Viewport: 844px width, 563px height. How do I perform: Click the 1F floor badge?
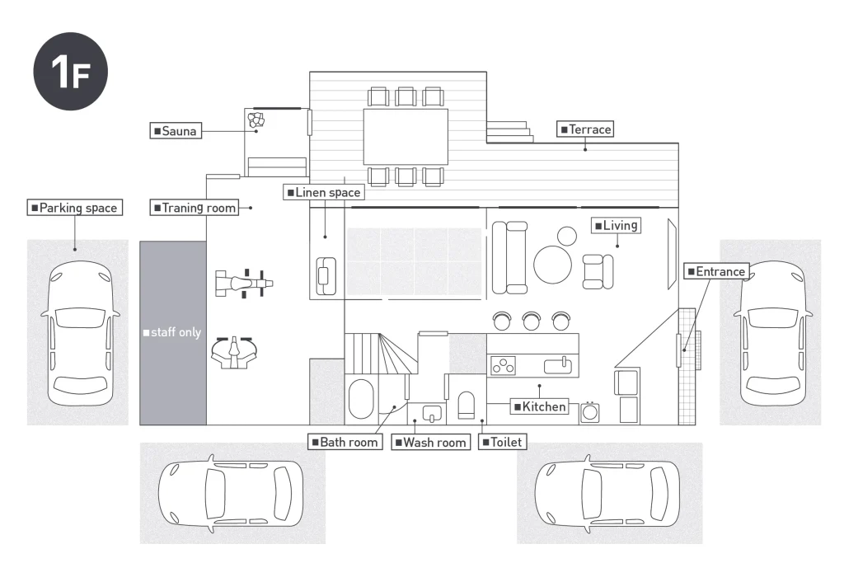[70, 70]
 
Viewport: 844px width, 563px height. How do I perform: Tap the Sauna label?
[175, 130]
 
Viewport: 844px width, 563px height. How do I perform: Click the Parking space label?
[75, 208]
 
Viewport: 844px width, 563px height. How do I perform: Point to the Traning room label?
[195, 208]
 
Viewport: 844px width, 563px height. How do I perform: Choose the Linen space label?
[323, 192]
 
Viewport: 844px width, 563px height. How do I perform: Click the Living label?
[616, 225]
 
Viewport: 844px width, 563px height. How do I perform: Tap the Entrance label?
[715, 271]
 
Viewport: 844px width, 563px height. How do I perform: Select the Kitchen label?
[540, 406]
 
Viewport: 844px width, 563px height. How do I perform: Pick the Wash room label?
[430, 443]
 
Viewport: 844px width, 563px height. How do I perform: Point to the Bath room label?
[344, 443]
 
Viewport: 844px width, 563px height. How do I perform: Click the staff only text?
[171, 332]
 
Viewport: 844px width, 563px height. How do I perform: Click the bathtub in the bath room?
[361, 399]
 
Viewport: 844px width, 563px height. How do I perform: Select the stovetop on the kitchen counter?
[503, 364]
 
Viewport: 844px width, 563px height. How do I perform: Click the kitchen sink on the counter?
[560, 364]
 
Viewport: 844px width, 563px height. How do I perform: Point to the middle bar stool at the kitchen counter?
[531, 320]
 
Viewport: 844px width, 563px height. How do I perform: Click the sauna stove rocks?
[256, 120]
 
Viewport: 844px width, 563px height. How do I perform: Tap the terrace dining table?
[406, 137]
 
